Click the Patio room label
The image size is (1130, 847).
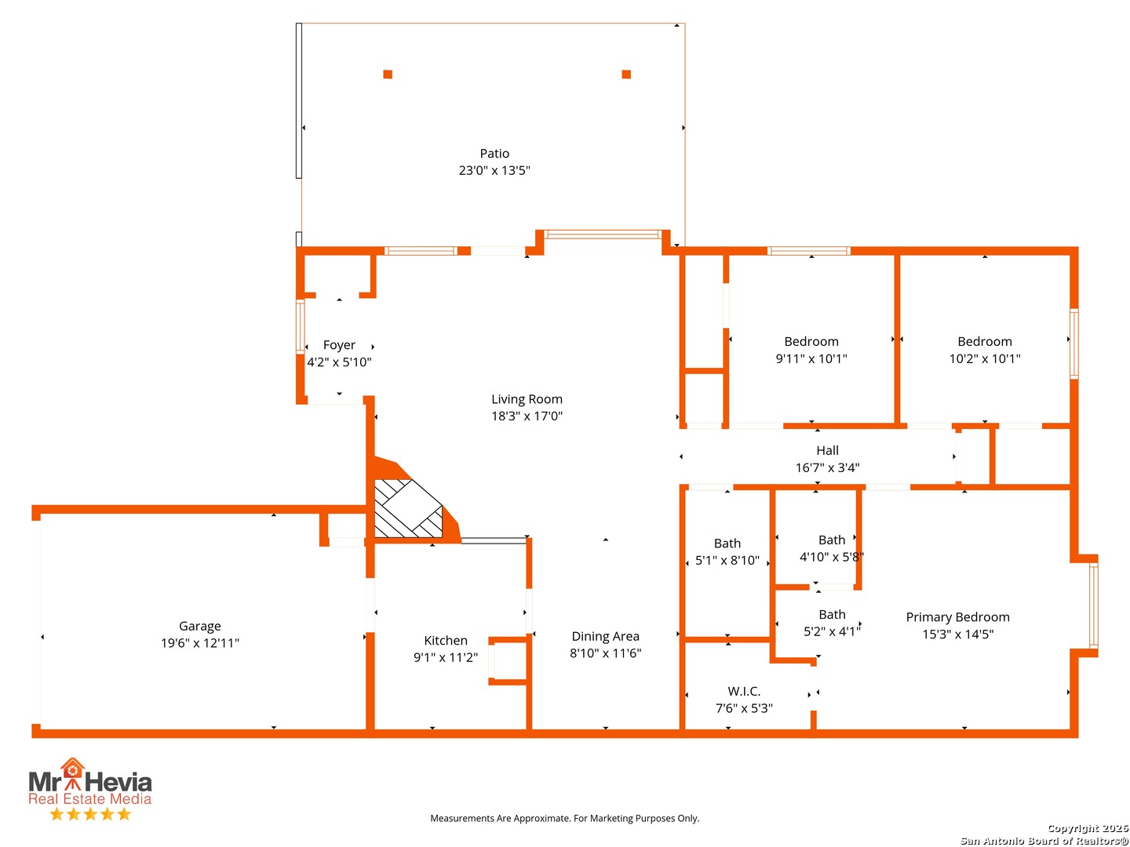(494, 153)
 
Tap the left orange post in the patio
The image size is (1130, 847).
(388, 74)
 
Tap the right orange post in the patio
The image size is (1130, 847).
(626, 74)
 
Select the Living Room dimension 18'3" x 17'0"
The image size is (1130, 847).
(527, 416)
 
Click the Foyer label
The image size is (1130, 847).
(339, 345)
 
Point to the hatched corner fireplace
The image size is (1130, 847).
(408, 508)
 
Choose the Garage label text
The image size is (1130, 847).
(200, 627)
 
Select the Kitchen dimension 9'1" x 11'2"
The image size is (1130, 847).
(445, 657)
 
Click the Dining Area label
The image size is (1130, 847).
(605, 636)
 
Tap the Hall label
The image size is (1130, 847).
(827, 450)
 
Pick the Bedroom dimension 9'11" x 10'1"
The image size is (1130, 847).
(811, 358)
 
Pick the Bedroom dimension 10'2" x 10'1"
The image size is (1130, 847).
(984, 358)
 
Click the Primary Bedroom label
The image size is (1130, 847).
(957, 617)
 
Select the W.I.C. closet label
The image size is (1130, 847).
(744, 691)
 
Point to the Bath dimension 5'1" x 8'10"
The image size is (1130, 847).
(727, 560)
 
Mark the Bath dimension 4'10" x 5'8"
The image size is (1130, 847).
(831, 557)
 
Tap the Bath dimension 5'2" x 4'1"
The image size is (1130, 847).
(832, 631)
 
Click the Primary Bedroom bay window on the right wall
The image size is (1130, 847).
(1093, 605)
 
